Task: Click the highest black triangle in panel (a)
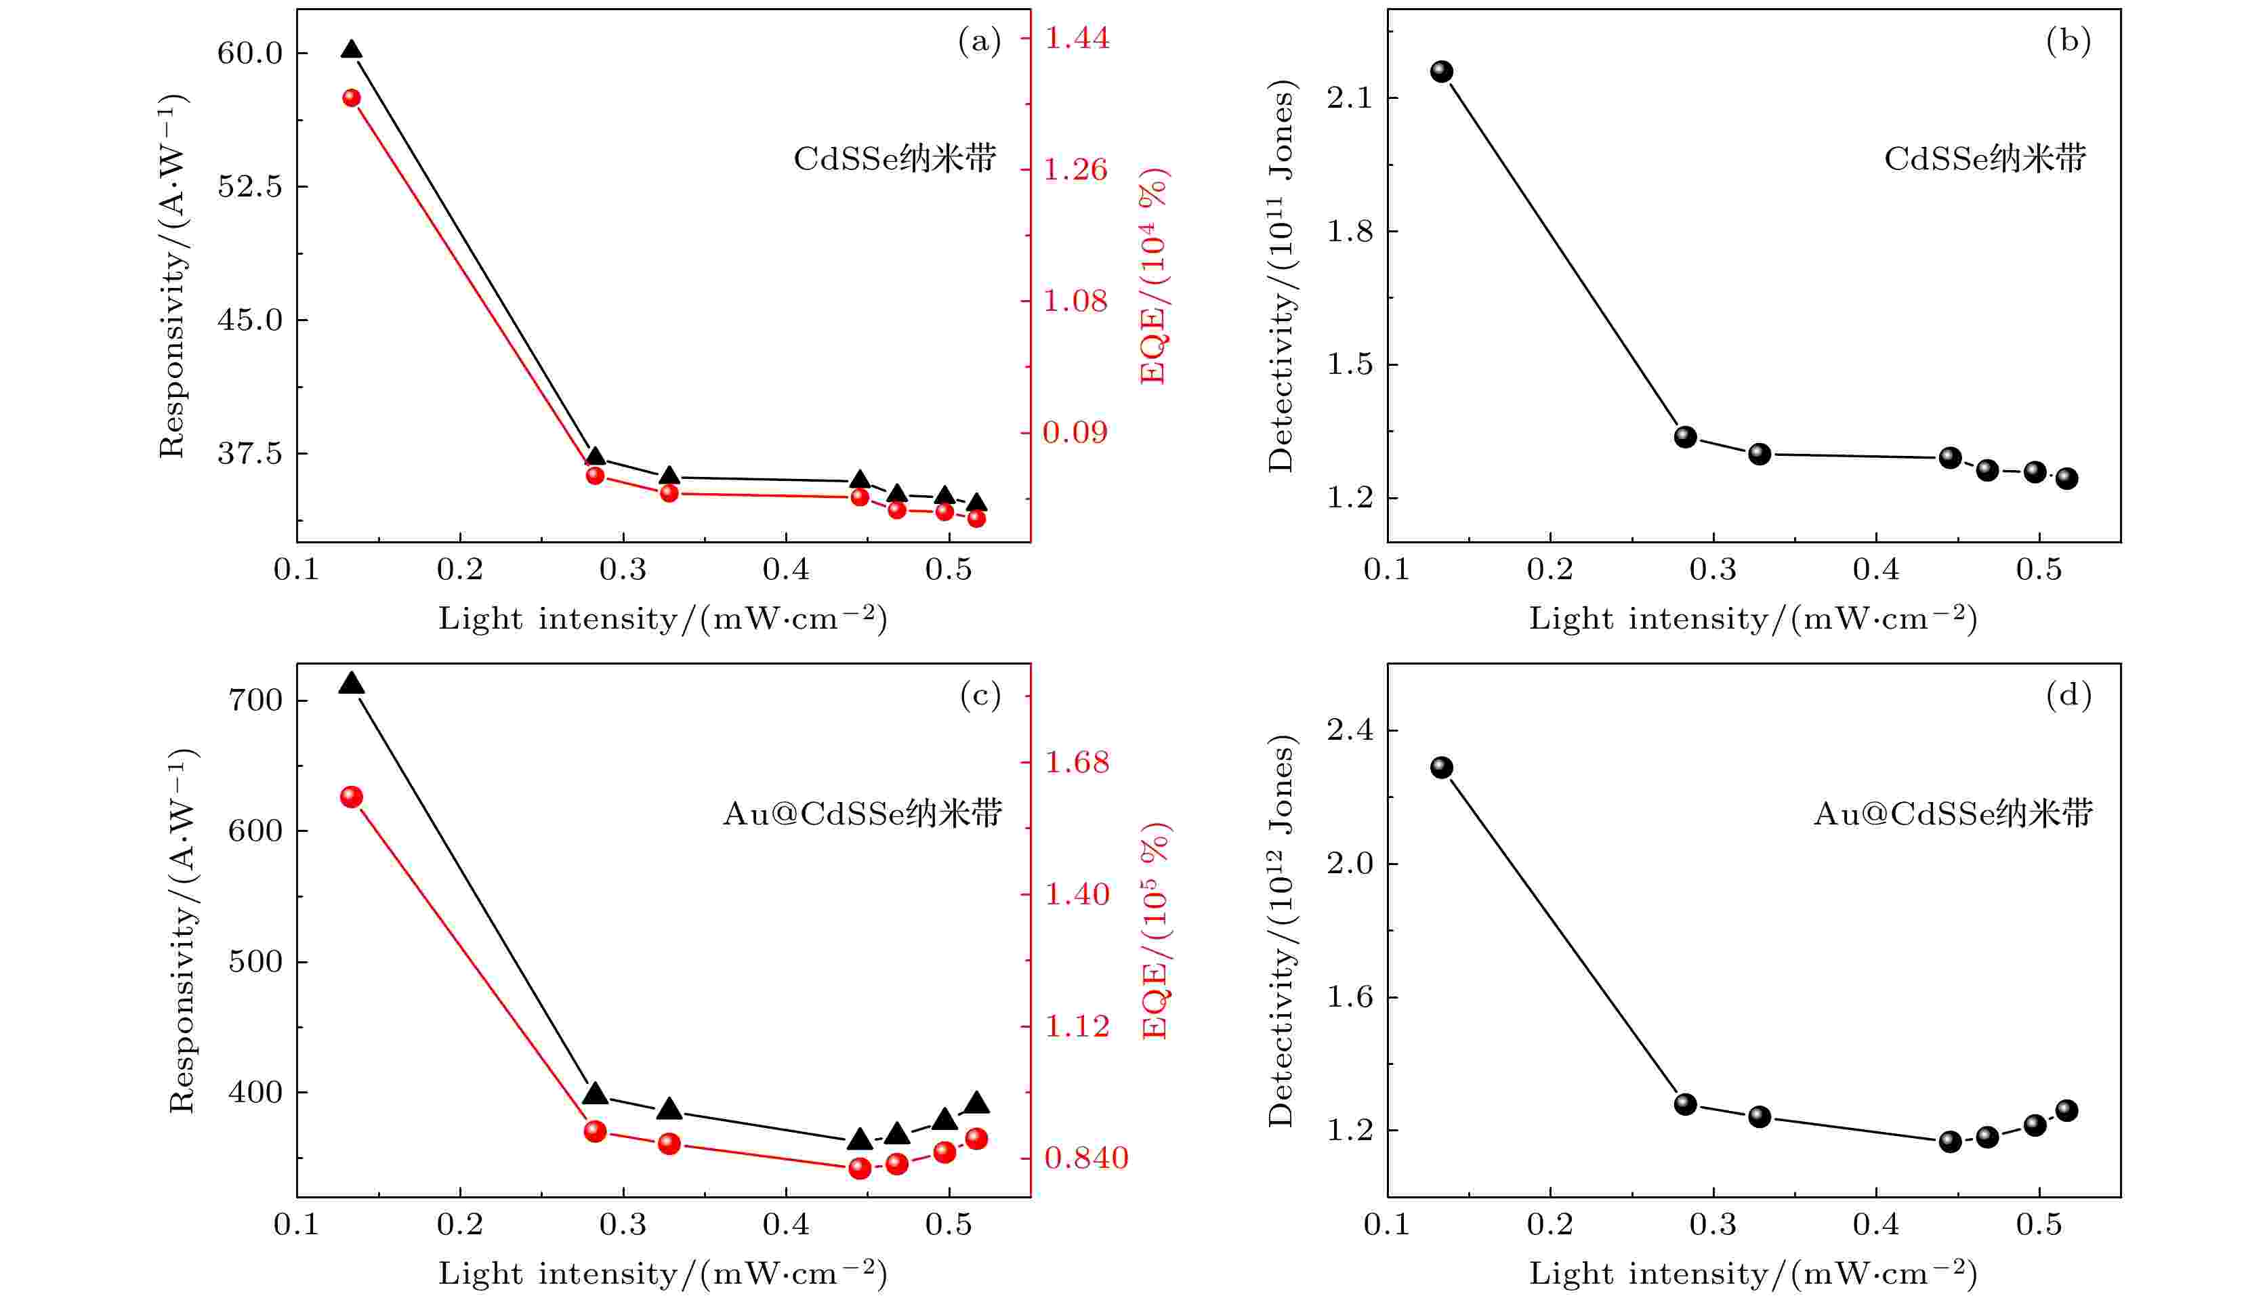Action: (x=352, y=51)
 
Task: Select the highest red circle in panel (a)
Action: (x=352, y=98)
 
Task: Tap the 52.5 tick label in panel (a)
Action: (x=249, y=186)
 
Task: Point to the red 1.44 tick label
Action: (x=1078, y=37)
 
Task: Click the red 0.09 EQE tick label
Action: (x=1075, y=432)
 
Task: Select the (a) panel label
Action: (x=980, y=41)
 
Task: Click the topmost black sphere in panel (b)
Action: (x=1441, y=71)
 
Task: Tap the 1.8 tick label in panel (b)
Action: (x=1349, y=231)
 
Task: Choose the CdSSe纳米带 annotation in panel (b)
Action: (x=1985, y=159)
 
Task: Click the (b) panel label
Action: (x=2068, y=41)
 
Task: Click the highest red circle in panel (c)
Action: (x=352, y=797)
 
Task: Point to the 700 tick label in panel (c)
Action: (x=255, y=700)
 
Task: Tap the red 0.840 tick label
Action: (x=1085, y=1158)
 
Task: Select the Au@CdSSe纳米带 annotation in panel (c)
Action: (x=862, y=814)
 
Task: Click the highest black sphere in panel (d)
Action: (x=1441, y=767)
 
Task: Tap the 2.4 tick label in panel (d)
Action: (x=1349, y=730)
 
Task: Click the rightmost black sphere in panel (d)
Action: (x=2066, y=1111)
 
